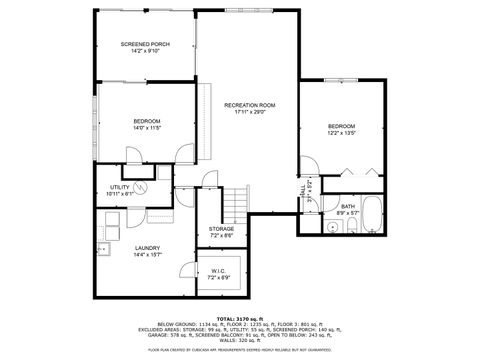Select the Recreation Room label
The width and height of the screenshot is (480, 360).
pos(249,104)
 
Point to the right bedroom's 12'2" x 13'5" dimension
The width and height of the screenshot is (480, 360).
pos(341,132)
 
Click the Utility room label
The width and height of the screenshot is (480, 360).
pos(119,186)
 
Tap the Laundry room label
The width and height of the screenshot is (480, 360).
pos(134,248)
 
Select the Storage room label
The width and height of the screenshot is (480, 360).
pos(221,229)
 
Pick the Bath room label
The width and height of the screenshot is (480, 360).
pos(347,206)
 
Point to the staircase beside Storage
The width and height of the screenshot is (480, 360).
pos(234,205)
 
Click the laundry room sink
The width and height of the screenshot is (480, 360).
pos(103,247)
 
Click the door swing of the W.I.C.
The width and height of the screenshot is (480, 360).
pos(189,267)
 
